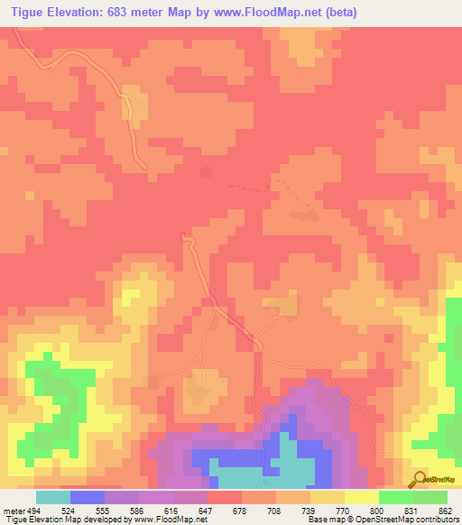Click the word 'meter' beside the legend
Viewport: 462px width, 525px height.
[13, 510]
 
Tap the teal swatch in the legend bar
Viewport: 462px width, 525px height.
[53, 497]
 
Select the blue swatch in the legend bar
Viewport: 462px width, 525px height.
[88, 497]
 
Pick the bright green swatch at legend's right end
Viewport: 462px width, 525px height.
[430, 497]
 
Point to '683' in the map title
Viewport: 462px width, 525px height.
[128, 13]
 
